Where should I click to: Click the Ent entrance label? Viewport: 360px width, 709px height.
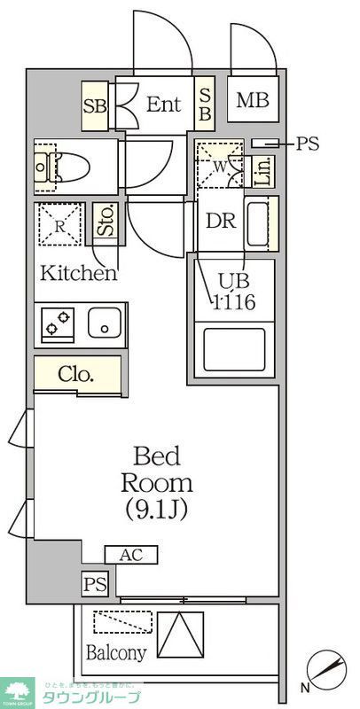coord(163,105)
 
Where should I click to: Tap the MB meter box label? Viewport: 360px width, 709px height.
coord(252,102)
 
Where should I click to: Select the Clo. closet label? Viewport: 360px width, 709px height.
coord(76,373)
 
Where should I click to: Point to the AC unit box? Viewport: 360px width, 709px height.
coord(130,555)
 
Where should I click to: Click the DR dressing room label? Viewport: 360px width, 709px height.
coord(220,221)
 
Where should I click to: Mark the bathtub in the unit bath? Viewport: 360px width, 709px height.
coord(234,349)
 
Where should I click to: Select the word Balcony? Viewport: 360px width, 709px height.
coord(116,653)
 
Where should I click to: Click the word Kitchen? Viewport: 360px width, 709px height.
coord(79,273)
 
